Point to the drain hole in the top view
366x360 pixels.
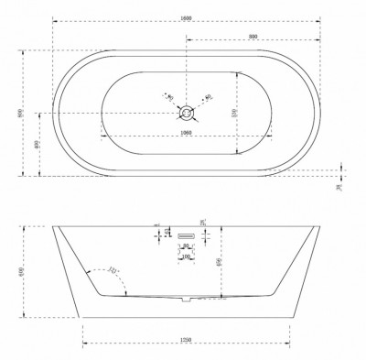(187, 113)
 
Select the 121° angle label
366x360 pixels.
(113, 269)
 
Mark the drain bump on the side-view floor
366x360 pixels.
(187, 299)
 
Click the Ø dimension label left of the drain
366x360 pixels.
(167, 94)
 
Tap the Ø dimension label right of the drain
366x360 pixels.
(209, 95)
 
